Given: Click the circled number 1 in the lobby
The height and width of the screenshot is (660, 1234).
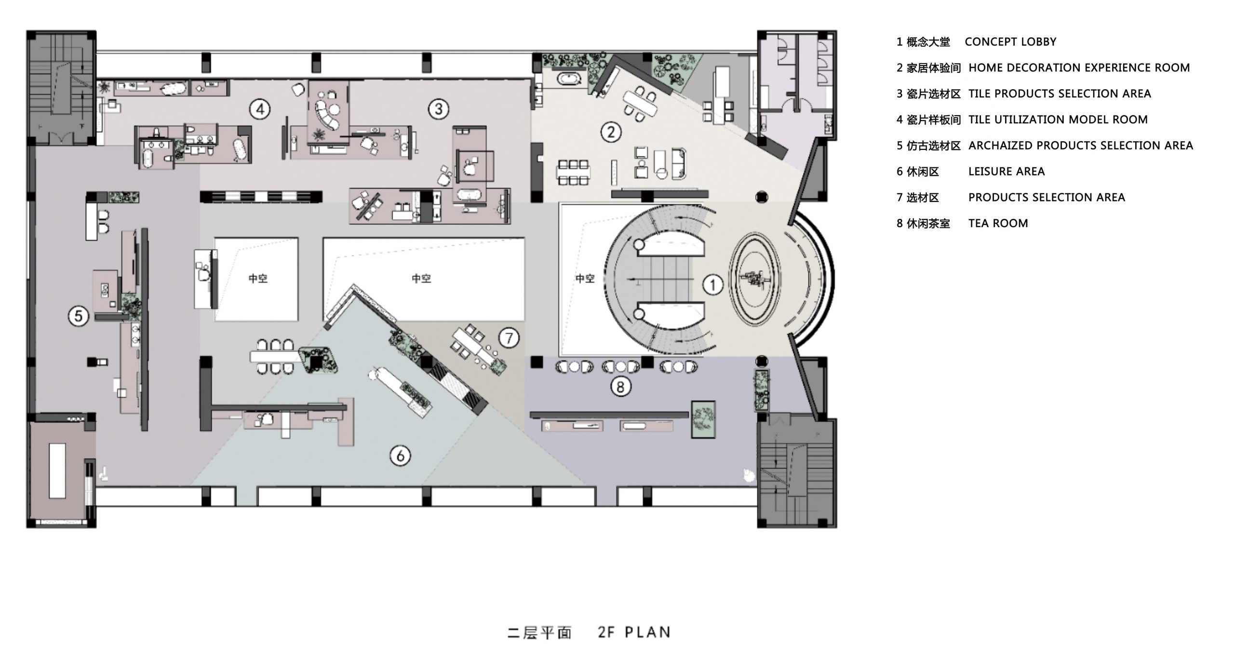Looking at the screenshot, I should click(712, 285).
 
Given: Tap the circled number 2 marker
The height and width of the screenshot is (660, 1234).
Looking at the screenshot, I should click(611, 132).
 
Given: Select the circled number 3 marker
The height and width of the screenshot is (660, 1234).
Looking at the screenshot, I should click(438, 109).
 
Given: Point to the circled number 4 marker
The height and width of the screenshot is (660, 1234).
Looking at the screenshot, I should click(259, 109).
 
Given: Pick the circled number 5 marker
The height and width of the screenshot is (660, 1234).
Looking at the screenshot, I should click(79, 316).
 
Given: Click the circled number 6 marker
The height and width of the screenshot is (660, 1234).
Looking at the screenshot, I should click(400, 455).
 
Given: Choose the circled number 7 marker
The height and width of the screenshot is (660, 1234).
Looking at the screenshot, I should click(509, 338).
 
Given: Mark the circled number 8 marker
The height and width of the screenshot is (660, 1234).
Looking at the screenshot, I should click(620, 386).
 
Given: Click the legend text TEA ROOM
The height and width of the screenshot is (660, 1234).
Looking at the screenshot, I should click(998, 223).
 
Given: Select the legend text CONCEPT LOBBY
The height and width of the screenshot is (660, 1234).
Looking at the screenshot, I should click(1010, 42).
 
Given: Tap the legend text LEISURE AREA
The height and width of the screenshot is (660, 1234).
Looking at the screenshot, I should click(1006, 172).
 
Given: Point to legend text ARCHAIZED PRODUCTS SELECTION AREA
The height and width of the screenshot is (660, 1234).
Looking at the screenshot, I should click(1080, 146).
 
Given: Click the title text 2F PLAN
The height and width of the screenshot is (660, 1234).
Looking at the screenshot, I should click(634, 632).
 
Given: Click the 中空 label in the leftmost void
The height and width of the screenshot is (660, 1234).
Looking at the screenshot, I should click(257, 279).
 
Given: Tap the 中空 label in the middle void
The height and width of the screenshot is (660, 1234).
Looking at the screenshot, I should click(421, 279).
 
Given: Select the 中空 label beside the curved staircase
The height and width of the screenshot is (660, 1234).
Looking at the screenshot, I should click(585, 279).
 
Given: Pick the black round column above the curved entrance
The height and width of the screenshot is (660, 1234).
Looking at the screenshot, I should click(762, 197).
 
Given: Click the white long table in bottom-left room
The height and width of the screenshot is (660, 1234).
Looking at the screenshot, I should click(57, 471).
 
